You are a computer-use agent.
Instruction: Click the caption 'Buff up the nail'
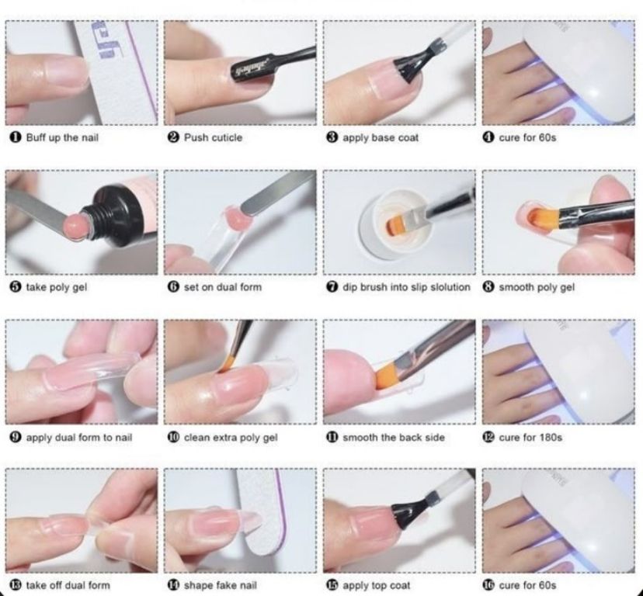[62, 137]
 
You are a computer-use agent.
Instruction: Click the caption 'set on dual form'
[222, 287]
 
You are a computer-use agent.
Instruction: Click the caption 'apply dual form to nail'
[78, 437]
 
